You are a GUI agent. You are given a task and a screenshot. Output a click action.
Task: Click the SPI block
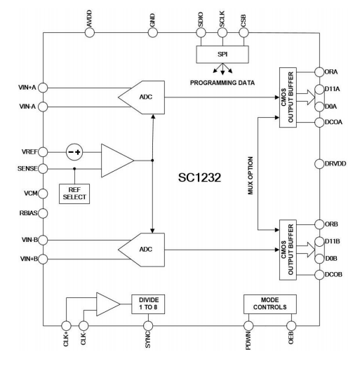pos(221,55)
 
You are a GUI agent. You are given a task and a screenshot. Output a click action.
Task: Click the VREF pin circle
pos(43,151)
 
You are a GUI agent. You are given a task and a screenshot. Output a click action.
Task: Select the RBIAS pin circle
pos(43,212)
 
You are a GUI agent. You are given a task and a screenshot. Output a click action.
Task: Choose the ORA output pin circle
pos(316,72)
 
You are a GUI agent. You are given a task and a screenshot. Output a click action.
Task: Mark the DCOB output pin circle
pos(316,275)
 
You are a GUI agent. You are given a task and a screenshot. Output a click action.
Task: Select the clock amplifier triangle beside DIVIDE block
pos(106,303)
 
